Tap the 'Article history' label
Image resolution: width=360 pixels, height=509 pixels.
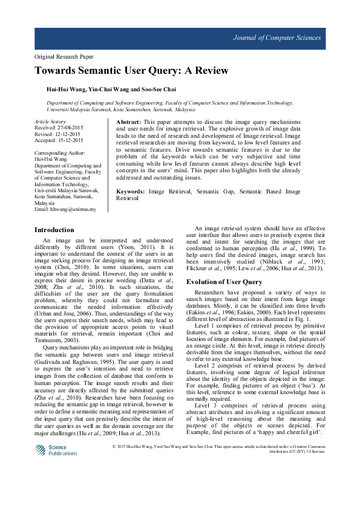[x=50, y=122]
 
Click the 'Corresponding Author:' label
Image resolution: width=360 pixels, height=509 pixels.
[x=61, y=154]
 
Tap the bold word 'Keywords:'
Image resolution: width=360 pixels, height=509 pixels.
[x=130, y=192]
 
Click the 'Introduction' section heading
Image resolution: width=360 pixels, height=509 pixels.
[x=54, y=230]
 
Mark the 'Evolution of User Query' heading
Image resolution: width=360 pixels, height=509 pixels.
[x=224, y=282]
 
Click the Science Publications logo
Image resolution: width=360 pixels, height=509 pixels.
[x=56, y=450]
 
